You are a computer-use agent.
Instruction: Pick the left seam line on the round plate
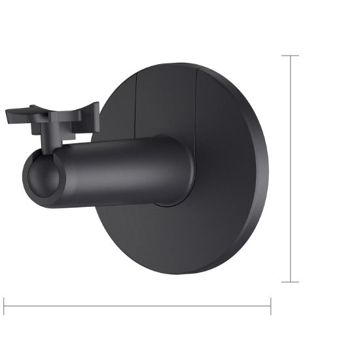click(x=135, y=105)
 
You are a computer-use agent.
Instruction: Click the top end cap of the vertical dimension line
click(x=290, y=56)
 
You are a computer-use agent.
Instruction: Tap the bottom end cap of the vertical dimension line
click(x=290, y=282)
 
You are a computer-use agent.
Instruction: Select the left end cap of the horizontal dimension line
click(x=5, y=306)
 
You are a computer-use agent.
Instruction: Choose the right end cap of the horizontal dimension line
click(x=270, y=306)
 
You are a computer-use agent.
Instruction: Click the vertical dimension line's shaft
click(x=290, y=169)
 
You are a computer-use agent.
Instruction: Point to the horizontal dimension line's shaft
click(x=137, y=306)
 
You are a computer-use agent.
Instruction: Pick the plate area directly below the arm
click(x=164, y=236)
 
